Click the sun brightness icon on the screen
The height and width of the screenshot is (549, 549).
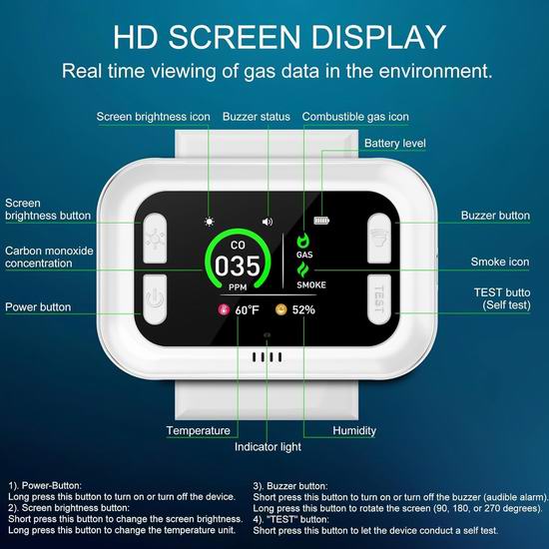210,222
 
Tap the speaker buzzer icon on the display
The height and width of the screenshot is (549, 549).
268,222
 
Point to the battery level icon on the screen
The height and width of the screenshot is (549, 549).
321,221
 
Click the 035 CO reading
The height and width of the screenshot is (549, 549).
238,266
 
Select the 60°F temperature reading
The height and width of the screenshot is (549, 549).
247,310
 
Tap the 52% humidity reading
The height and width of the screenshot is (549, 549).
303,309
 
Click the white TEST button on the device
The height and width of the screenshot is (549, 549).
379,299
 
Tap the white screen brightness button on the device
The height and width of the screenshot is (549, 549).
155,239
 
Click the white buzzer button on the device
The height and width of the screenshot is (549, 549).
379,239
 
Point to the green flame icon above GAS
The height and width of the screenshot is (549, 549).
303,241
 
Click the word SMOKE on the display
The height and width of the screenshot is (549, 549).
311,285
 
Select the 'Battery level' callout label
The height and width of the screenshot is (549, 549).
395,143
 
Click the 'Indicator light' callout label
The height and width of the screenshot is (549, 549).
268,447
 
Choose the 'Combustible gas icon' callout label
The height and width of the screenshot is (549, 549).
355,117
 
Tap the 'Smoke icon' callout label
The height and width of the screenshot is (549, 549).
500,262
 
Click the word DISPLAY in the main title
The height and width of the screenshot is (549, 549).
378,37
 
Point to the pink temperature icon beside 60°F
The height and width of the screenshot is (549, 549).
224,309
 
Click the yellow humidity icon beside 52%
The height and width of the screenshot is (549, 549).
281,309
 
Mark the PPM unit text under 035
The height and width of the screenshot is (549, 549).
238,287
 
